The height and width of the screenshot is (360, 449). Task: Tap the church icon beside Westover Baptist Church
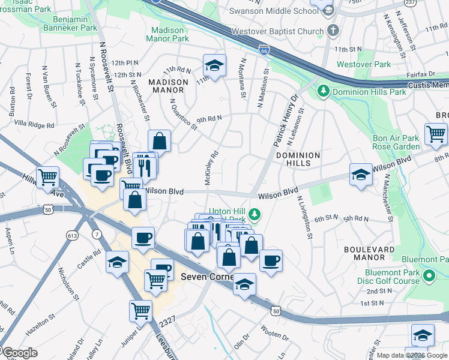point(333,30)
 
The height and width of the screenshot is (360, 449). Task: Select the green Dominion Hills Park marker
point(324,91)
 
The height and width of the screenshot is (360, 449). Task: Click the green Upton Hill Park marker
point(255,213)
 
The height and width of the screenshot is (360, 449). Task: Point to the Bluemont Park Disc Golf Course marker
point(429,276)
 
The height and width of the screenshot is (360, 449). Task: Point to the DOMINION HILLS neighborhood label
point(298,159)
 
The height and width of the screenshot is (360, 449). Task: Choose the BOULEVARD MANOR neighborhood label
point(369,253)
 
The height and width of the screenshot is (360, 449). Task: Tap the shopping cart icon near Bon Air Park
point(435,134)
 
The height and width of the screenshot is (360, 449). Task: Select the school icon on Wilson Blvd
point(360,174)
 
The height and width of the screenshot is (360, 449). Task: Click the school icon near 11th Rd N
point(214,64)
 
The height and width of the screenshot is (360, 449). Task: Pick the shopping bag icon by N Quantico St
point(160,142)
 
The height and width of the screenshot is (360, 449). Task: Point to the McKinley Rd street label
point(211,167)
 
